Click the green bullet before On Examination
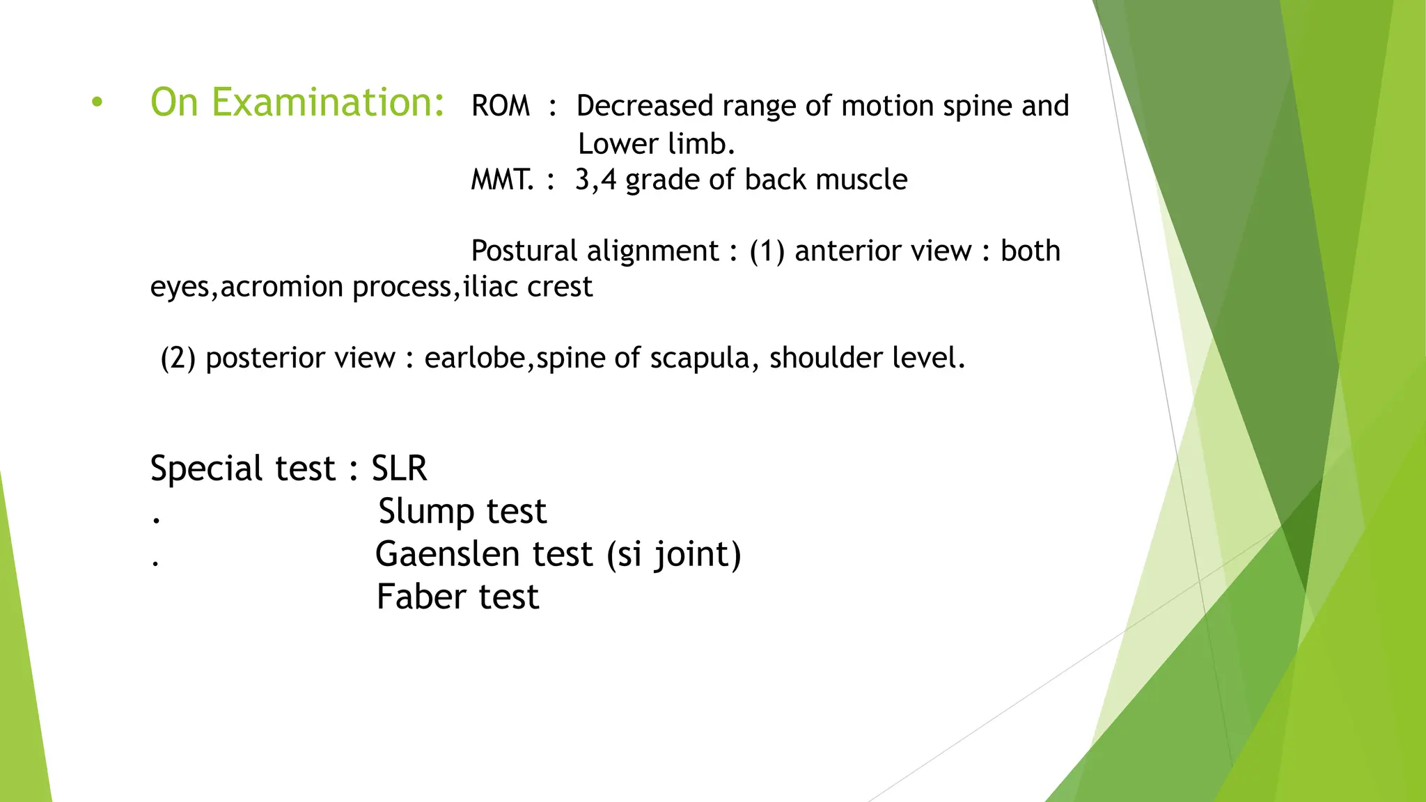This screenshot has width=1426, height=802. click(x=97, y=103)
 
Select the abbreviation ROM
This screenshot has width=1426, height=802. click(x=500, y=107)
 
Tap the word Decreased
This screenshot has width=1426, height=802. click(x=645, y=106)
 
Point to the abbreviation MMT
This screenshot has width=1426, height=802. click(x=501, y=180)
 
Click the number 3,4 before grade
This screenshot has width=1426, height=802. click(x=595, y=180)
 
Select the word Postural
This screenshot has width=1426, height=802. click(x=525, y=251)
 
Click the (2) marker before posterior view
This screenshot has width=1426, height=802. click(x=178, y=358)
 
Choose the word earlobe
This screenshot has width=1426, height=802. click(x=474, y=358)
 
